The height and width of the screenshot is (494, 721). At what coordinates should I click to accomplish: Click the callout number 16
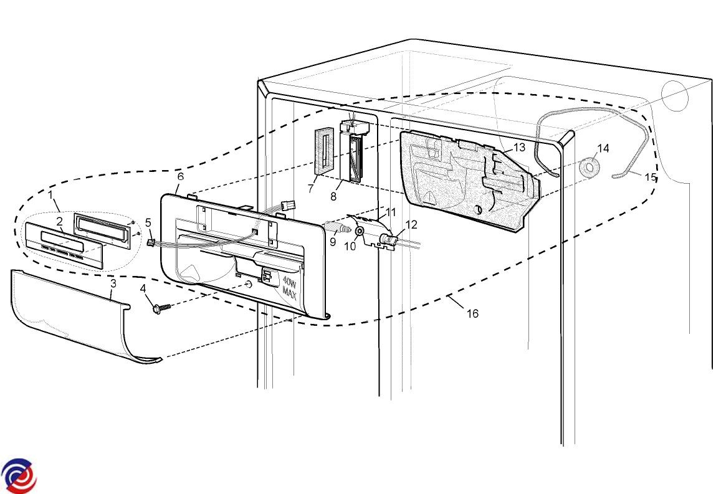pos(473,313)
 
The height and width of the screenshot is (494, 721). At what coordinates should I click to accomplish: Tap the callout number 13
pos(518,148)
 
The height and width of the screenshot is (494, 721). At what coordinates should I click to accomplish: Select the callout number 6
pos(180,176)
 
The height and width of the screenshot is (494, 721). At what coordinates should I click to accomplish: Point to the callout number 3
pos(113,283)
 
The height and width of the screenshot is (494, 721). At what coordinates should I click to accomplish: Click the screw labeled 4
pos(161,308)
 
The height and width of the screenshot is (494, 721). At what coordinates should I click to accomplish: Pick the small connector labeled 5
pos(150,242)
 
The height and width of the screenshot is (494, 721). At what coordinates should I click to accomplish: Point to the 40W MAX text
pos(290,286)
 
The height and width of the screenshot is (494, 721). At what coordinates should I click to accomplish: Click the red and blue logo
pos(19,475)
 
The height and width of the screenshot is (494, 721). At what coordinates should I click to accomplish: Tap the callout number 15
pos(650,177)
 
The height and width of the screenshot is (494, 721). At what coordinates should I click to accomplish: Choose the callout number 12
pos(411,225)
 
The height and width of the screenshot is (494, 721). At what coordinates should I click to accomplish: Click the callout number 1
pos(50,195)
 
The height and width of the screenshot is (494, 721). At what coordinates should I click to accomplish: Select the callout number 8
pos(333,196)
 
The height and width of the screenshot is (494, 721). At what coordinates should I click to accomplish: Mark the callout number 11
pos(391,212)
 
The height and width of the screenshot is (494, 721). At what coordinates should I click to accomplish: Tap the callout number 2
pos(59,222)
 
